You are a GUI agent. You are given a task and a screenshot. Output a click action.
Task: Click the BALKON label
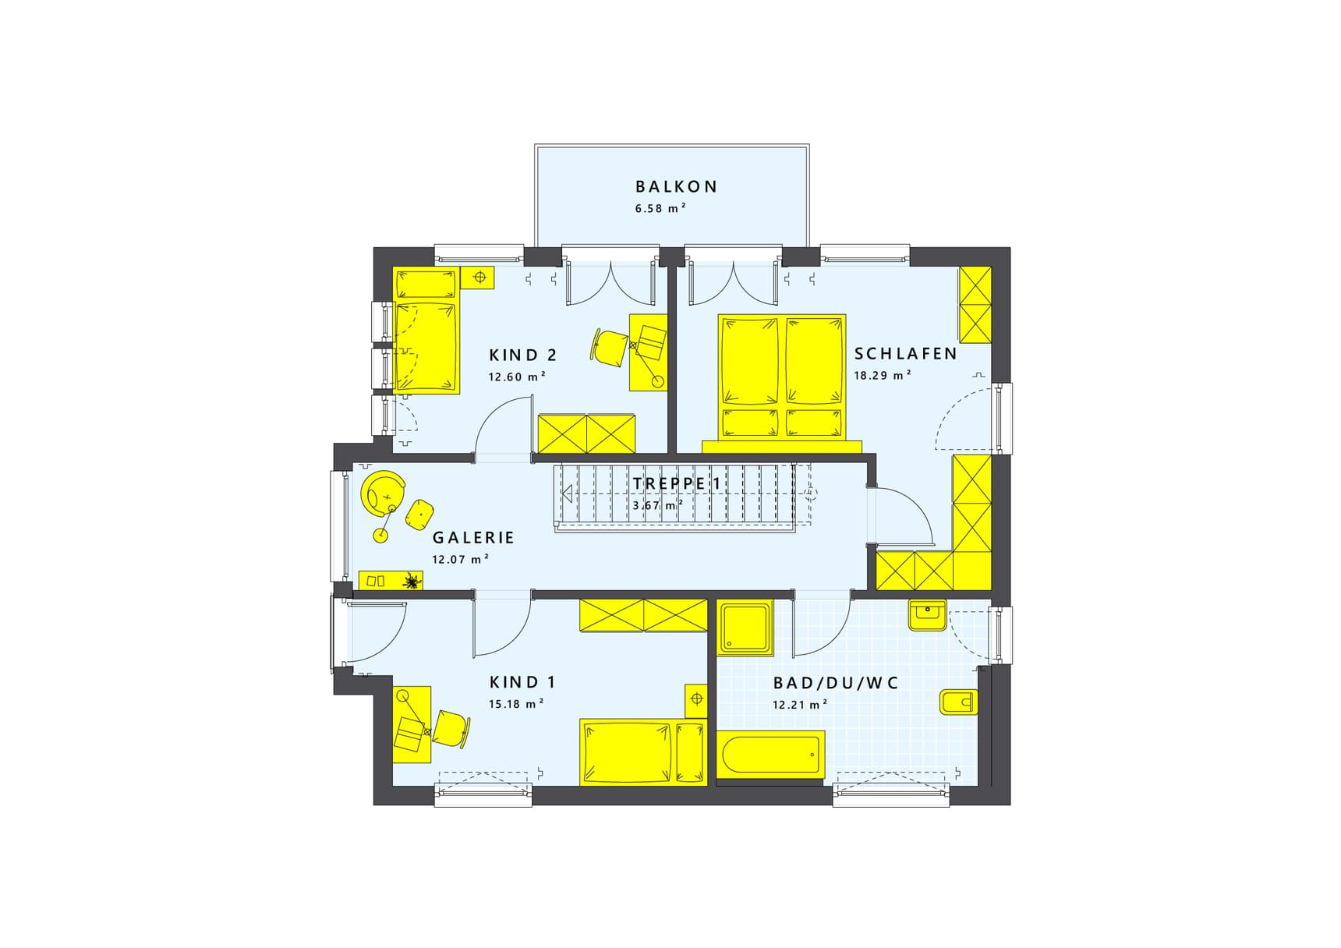point(676,186)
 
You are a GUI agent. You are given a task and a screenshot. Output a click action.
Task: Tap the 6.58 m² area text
point(660,208)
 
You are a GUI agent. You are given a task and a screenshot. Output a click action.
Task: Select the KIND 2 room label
point(522,355)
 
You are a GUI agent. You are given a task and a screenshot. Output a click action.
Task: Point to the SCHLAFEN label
point(905,354)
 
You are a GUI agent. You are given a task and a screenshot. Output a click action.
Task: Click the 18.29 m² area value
point(883,375)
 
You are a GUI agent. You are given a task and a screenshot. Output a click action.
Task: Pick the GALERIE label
point(473,537)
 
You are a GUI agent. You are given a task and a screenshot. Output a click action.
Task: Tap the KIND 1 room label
point(522,682)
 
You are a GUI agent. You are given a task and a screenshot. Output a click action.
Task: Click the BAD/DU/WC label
point(836,683)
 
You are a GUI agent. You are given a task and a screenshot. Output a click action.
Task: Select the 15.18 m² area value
point(516,704)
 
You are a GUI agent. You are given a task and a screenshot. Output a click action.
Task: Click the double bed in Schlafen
point(782,377)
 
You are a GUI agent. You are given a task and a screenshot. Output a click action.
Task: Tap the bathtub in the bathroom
point(770,754)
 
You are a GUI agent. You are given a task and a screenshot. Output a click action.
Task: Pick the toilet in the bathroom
point(959,702)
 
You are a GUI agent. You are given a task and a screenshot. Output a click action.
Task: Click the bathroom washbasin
point(927,615)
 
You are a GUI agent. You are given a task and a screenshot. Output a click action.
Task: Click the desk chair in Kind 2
point(610,345)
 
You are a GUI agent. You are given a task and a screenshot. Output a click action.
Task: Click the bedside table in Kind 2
point(477,277)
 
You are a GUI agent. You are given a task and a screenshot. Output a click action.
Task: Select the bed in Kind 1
point(643,752)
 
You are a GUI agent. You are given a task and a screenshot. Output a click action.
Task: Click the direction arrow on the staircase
point(568,493)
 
